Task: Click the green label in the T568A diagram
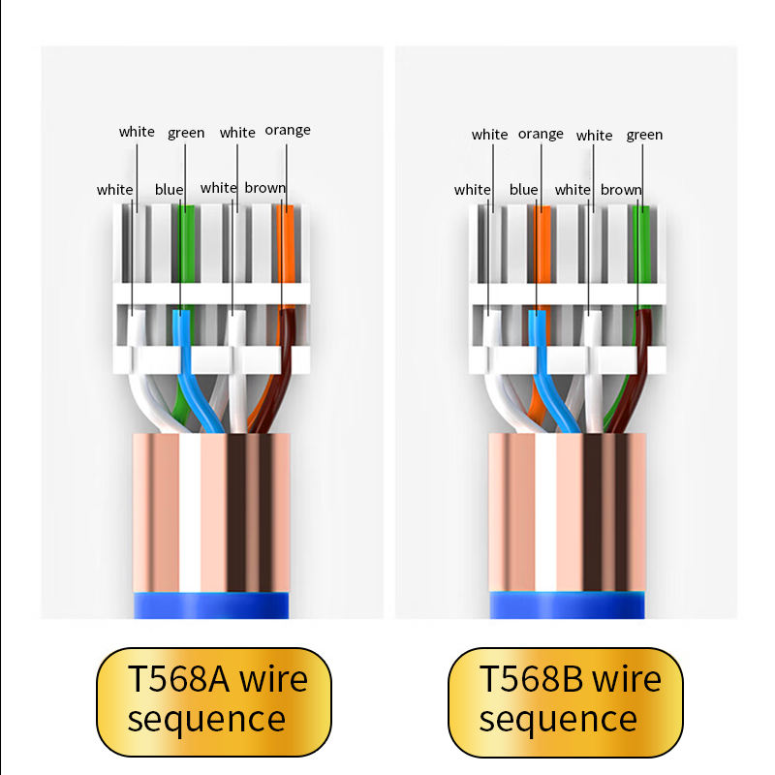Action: tap(186, 133)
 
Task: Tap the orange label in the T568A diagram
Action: tap(288, 131)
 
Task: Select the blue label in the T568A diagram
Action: tap(169, 189)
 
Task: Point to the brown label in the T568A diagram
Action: tap(264, 188)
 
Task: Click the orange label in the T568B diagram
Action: tap(541, 135)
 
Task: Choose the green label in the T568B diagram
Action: tap(644, 135)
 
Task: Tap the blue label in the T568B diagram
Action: tap(523, 189)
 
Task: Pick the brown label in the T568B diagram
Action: tap(621, 190)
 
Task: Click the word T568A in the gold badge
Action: tap(178, 679)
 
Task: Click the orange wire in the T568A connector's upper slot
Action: tap(286, 244)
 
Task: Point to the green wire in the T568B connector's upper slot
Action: tap(641, 244)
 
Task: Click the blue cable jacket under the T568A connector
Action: tap(211, 605)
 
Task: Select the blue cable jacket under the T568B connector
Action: tap(568, 605)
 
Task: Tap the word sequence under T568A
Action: tap(206, 720)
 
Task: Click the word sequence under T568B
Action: tap(559, 720)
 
